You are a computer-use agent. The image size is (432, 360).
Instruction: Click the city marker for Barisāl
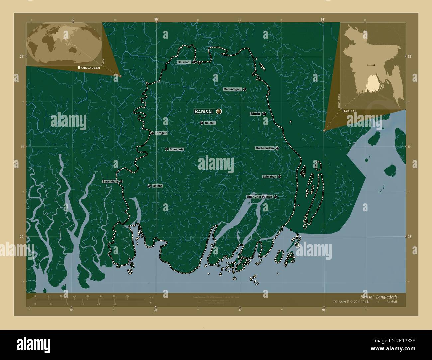(x=219, y=112)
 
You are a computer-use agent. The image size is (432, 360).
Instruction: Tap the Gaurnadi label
(x=184, y=62)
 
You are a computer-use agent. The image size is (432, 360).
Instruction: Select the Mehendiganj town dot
(x=244, y=89)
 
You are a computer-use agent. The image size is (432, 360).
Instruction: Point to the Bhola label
(x=255, y=114)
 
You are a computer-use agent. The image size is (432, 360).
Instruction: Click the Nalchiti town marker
(x=201, y=123)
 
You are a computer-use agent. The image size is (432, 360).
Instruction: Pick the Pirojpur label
(x=161, y=133)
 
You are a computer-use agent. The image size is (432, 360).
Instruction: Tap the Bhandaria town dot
(x=166, y=149)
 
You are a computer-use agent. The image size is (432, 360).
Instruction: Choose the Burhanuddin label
(x=265, y=148)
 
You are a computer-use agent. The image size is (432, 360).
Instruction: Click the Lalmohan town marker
(x=279, y=176)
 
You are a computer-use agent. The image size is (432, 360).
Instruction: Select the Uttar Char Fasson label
(x=260, y=197)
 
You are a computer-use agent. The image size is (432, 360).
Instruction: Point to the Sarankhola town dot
(x=121, y=181)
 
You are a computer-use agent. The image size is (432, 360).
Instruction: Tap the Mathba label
(x=157, y=186)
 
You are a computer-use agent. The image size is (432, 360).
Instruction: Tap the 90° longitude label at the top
(x=156, y=20)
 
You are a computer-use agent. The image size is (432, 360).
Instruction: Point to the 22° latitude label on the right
(x=409, y=237)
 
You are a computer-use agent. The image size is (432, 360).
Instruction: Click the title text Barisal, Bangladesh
(x=378, y=297)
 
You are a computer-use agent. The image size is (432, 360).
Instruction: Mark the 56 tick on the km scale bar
(x=127, y=296)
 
